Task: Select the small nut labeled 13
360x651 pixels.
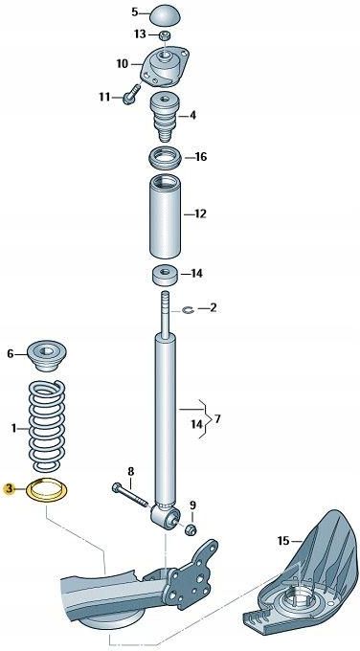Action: click(165, 35)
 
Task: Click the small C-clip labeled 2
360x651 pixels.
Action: click(189, 308)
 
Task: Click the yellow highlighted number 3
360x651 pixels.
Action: click(10, 489)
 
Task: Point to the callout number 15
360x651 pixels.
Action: click(282, 541)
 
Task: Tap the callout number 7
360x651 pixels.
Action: click(217, 418)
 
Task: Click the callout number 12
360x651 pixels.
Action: click(200, 214)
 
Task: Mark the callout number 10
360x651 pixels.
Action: click(122, 64)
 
